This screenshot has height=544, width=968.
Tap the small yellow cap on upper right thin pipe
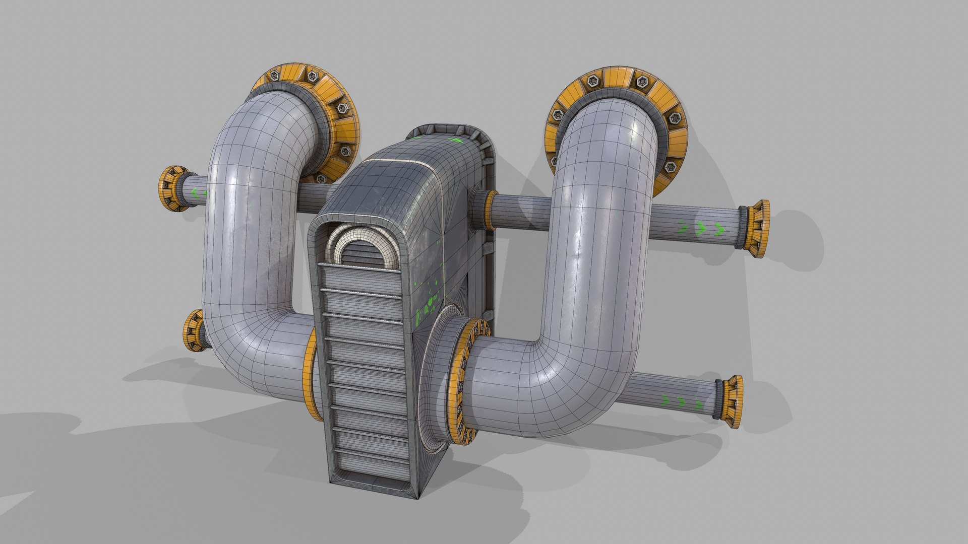(x=756, y=229)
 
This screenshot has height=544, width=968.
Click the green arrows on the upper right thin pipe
(x=701, y=229)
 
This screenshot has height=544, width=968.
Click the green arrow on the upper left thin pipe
(x=196, y=192)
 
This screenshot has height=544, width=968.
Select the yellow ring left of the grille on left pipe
(x=312, y=375)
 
